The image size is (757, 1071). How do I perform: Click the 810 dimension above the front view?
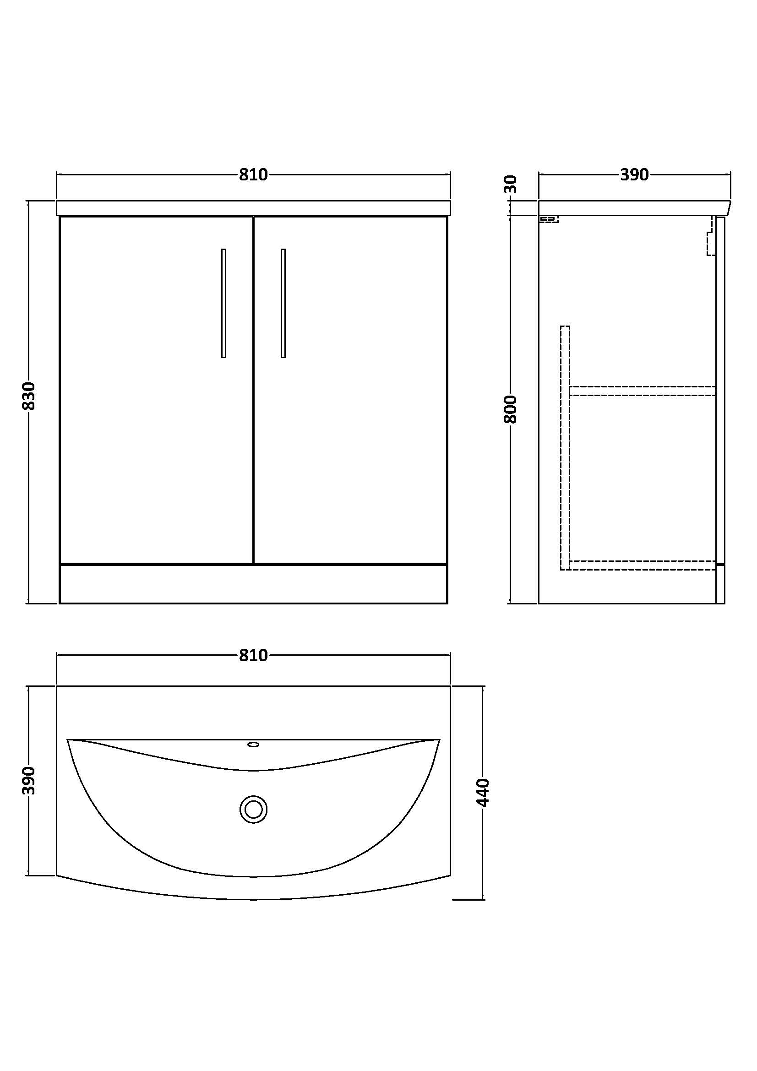click(x=253, y=174)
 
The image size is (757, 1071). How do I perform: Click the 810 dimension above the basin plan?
click(x=253, y=655)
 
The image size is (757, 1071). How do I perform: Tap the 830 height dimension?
click(x=29, y=396)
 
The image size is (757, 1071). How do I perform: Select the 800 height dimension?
click(x=511, y=409)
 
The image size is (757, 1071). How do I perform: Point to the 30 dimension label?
click(x=512, y=184)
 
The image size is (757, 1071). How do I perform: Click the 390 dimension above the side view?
click(x=634, y=174)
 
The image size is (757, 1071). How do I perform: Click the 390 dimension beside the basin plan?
click(x=29, y=780)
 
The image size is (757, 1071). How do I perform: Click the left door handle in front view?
click(x=224, y=303)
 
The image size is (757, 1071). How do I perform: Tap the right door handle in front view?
click(x=283, y=303)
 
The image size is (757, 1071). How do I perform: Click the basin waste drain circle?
click(x=253, y=809)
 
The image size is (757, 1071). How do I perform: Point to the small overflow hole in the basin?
click(x=253, y=745)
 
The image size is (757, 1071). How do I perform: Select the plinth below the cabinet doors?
click(x=253, y=584)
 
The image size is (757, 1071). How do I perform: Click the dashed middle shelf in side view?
click(x=643, y=391)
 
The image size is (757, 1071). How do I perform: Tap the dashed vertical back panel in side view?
click(x=565, y=448)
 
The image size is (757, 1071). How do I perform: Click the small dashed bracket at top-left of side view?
click(x=549, y=219)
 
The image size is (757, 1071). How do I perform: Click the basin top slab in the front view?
click(x=253, y=208)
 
